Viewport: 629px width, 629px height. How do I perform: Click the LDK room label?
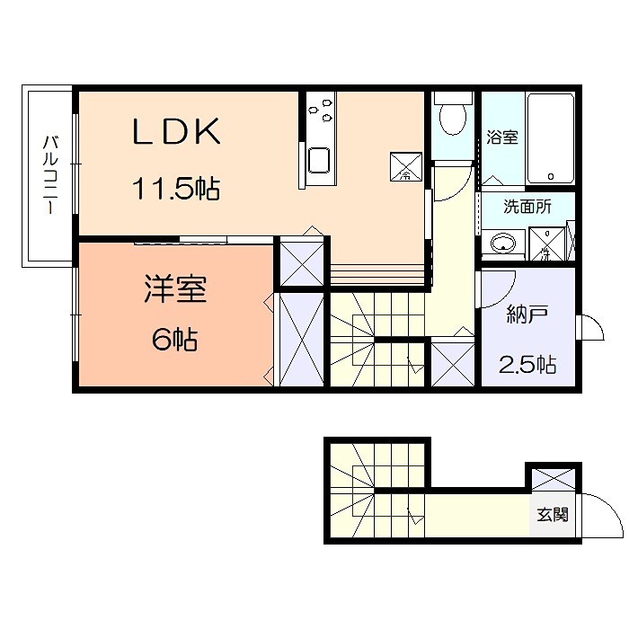(x=177, y=133)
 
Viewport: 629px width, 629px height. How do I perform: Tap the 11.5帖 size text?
(x=177, y=190)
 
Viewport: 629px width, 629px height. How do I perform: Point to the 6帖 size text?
(x=174, y=340)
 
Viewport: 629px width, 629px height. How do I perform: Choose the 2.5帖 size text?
(x=527, y=364)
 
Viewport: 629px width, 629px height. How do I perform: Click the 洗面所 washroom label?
(x=527, y=207)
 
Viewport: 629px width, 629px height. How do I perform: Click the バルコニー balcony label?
(x=50, y=174)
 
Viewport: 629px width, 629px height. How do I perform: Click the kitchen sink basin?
(x=319, y=161)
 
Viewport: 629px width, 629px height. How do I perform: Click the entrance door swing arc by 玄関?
(x=599, y=515)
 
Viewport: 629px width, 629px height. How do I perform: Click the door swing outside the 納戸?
(x=589, y=330)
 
